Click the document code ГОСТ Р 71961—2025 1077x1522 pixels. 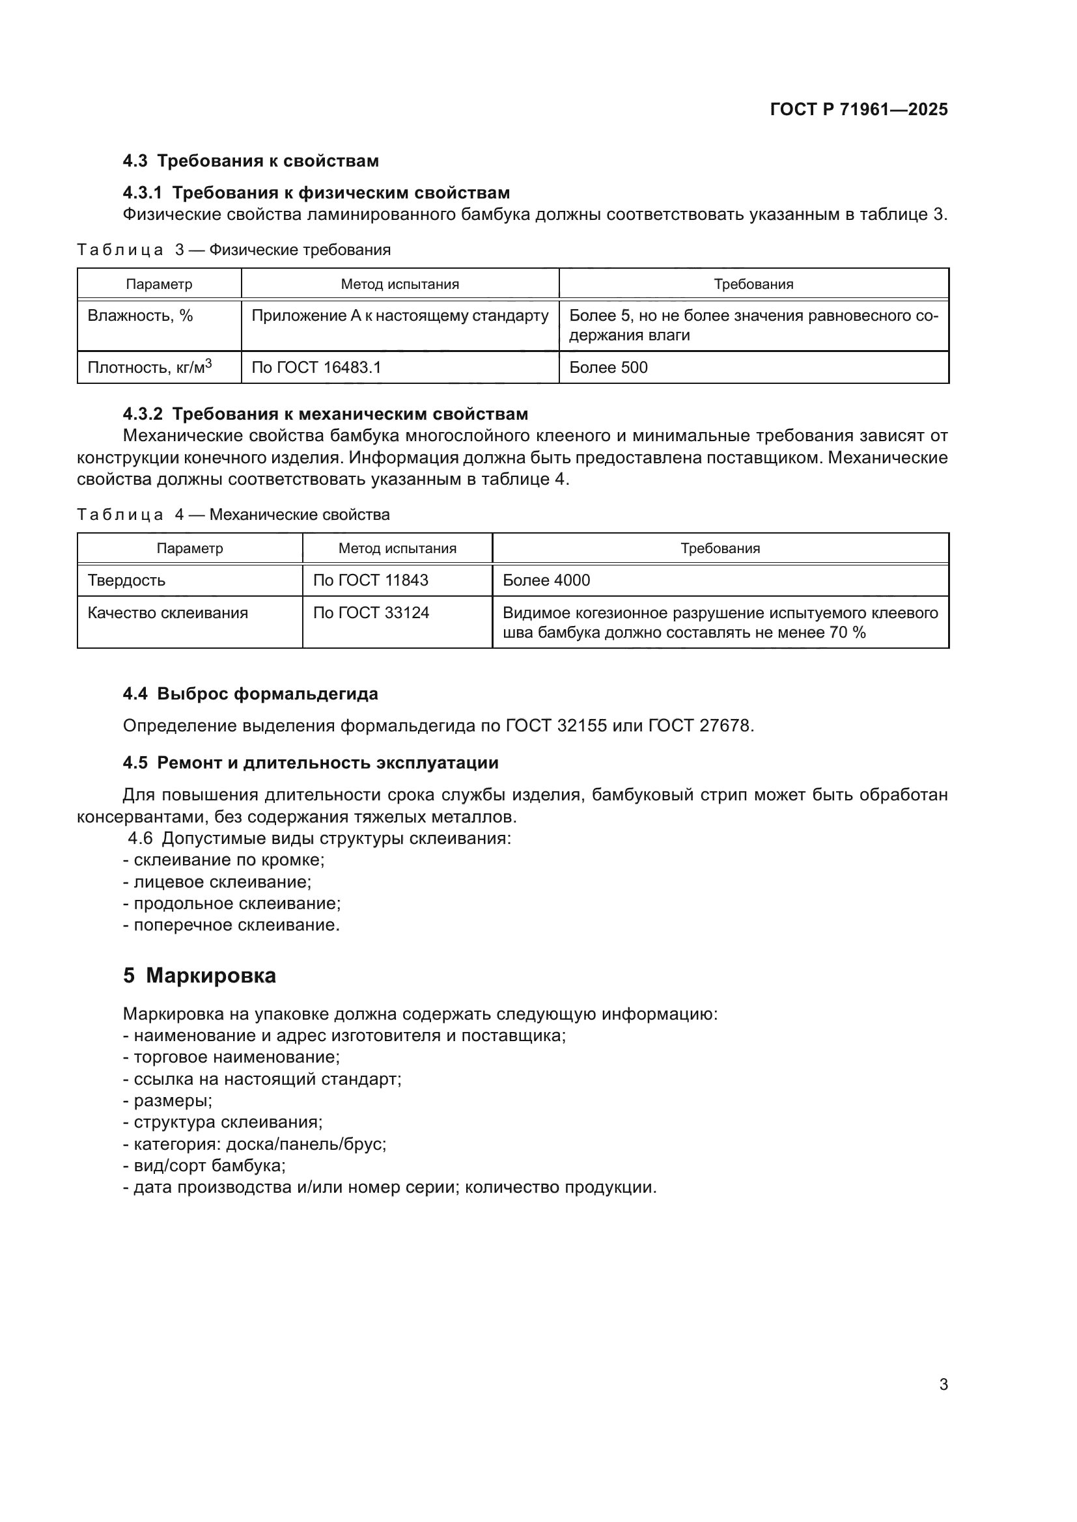(859, 109)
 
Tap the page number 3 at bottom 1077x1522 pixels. (943, 1384)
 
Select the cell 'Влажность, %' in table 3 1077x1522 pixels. (141, 316)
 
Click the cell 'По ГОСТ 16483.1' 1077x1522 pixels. (316, 367)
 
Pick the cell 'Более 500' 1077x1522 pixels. (608, 367)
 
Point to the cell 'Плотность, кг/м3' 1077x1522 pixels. (149, 367)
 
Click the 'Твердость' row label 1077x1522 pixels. (126, 580)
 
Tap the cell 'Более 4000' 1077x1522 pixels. (546, 580)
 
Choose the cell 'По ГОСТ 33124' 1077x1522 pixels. (371, 612)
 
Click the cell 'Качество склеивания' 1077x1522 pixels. (167, 612)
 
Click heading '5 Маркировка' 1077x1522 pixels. (200, 976)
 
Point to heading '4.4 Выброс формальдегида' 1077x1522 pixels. (250, 694)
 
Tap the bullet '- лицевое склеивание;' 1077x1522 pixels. (217, 882)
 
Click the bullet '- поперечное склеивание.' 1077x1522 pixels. (231, 925)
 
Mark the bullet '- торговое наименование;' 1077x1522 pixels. (231, 1057)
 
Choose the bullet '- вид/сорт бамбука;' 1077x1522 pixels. (204, 1165)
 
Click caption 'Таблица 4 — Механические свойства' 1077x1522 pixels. (234, 515)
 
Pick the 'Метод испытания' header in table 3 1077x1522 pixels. (400, 284)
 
